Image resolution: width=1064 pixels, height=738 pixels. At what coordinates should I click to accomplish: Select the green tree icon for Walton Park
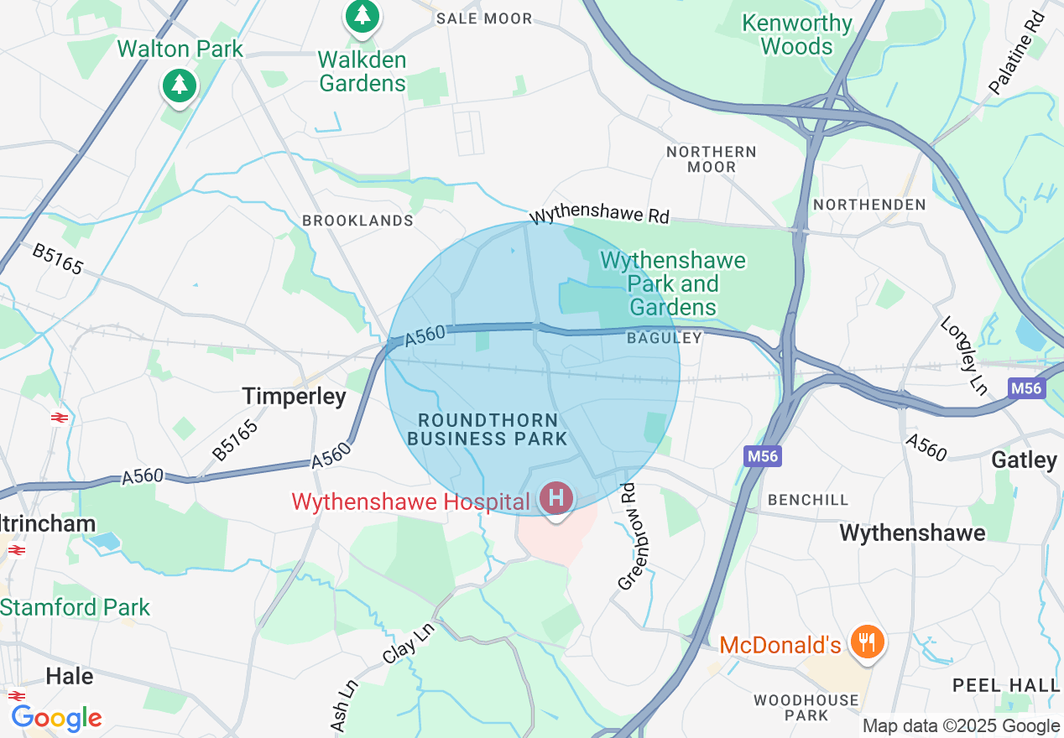click(179, 85)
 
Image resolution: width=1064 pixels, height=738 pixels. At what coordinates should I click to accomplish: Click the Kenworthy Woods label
click(796, 34)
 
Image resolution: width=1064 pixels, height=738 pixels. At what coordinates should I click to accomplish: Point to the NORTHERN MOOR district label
click(712, 159)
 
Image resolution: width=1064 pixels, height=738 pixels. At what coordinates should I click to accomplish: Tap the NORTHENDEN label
click(869, 205)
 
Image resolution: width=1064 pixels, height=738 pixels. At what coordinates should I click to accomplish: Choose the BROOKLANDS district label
click(357, 221)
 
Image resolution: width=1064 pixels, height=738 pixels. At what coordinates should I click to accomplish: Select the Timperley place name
click(294, 397)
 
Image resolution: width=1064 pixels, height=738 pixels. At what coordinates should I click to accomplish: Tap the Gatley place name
click(1024, 460)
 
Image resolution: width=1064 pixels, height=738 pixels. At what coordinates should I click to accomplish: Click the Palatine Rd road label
click(1016, 53)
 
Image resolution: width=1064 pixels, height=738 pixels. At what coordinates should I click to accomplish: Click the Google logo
click(56, 718)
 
